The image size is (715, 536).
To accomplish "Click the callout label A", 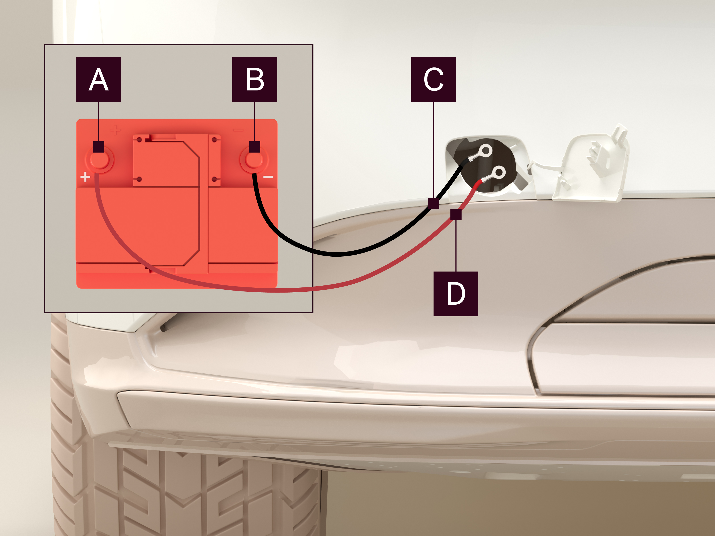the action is point(99,80).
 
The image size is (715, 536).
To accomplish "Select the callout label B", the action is point(255,80).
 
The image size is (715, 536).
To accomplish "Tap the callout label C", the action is point(433,80).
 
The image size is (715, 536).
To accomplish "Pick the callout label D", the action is point(456,294).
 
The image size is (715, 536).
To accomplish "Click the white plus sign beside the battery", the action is point(85,177).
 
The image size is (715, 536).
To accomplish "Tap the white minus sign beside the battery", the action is point(268,177).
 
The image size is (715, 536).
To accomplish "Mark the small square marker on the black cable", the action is point(433,203).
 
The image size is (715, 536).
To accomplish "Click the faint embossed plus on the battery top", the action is point(115,130).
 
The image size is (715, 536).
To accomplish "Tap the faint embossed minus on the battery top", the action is point(238,130).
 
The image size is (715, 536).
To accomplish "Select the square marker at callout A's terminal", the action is point(99,147).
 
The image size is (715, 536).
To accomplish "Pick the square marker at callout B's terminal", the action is point(255,147).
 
